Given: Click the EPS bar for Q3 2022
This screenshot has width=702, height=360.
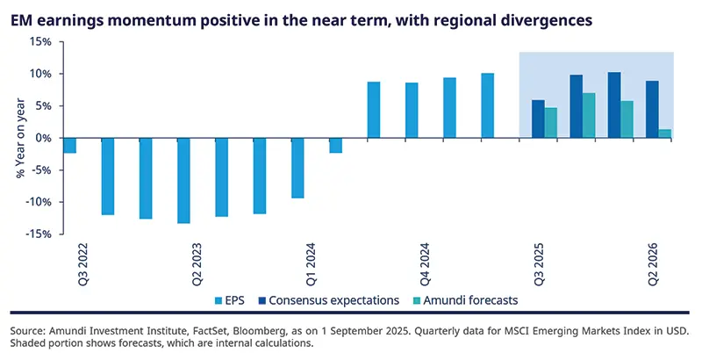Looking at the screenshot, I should (x=69, y=146).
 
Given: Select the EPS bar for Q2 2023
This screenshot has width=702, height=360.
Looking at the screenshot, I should (x=183, y=180).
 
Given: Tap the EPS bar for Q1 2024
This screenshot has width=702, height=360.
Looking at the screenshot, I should (x=335, y=146).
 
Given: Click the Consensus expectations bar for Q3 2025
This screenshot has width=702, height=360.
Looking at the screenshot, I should (x=538, y=119).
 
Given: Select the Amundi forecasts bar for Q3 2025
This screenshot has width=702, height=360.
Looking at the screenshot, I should (x=551, y=122).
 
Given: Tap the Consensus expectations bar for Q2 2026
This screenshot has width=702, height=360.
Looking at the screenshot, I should (x=653, y=109).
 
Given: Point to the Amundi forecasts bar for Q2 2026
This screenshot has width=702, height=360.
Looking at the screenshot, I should (x=666, y=133).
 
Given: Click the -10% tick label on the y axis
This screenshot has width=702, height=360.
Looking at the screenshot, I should (x=38, y=202).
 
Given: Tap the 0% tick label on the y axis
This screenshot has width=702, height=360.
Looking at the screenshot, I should (x=44, y=138).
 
